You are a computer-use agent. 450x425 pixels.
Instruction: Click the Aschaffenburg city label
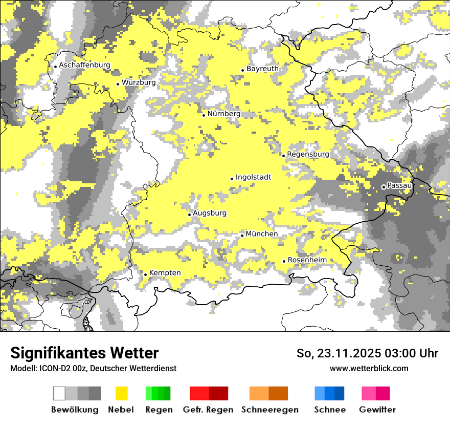[84, 66]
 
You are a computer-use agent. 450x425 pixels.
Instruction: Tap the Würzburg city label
[139, 82]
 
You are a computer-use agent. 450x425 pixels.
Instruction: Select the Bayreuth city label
[262, 69]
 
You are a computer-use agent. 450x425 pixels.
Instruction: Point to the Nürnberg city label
[223, 114]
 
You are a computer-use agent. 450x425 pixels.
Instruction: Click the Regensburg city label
[308, 154]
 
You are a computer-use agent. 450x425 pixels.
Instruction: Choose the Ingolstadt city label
[253, 178]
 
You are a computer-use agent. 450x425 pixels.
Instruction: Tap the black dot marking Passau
[384, 187]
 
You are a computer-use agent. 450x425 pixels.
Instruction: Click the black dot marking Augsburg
[189, 215]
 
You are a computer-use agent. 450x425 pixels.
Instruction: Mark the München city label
[262, 234]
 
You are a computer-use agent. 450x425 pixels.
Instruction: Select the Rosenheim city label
[307, 260]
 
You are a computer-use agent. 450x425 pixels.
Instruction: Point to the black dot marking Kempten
[145, 274]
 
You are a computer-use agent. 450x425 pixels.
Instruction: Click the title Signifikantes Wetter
[84, 353]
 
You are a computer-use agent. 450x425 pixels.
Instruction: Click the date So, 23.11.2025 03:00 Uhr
[367, 354]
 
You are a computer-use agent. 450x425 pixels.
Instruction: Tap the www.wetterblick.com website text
[369, 368]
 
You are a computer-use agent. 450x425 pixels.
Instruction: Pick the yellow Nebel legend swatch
[121, 393]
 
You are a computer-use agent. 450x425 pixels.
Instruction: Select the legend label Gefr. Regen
[208, 410]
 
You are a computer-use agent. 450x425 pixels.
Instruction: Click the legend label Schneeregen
[269, 410]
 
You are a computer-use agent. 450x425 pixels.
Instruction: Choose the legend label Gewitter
[377, 410]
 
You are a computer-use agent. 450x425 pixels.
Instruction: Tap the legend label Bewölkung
[75, 410]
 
